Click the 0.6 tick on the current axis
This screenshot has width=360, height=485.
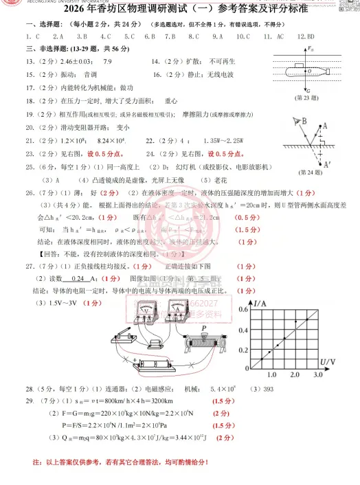click(245, 310)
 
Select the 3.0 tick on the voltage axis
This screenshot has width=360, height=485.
click(317, 375)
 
